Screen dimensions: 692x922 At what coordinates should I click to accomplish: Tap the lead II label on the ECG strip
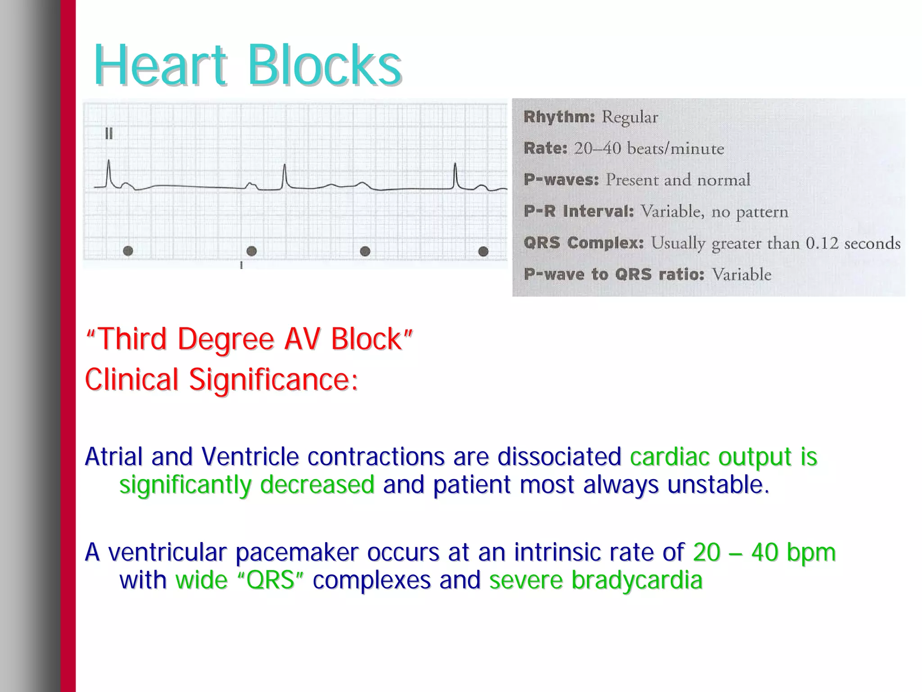pyautogui.click(x=109, y=134)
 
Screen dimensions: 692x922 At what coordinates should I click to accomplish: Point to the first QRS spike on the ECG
pyautogui.click(x=108, y=173)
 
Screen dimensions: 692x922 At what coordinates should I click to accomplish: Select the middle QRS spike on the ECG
pyautogui.click(x=285, y=176)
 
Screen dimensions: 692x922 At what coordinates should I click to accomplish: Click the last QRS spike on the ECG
pyautogui.click(x=455, y=176)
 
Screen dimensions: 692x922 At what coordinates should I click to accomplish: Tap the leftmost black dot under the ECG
pyautogui.click(x=128, y=251)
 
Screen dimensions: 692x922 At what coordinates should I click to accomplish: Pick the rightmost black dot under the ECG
pyautogui.click(x=483, y=251)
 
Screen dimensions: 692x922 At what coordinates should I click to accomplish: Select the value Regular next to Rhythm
pyautogui.click(x=630, y=118)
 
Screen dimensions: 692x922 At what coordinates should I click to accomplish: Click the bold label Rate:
pyautogui.click(x=545, y=149)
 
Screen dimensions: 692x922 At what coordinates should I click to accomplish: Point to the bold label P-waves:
pyautogui.click(x=561, y=180)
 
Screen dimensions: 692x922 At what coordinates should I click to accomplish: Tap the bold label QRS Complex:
pyautogui.click(x=583, y=243)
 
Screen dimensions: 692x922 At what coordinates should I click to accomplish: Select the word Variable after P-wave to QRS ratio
pyautogui.click(x=741, y=275)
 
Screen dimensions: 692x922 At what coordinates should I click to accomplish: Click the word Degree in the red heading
pyautogui.click(x=226, y=339)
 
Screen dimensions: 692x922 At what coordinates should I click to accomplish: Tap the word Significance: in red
pyautogui.click(x=273, y=380)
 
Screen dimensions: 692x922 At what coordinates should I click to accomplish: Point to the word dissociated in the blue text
pyautogui.click(x=559, y=457)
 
